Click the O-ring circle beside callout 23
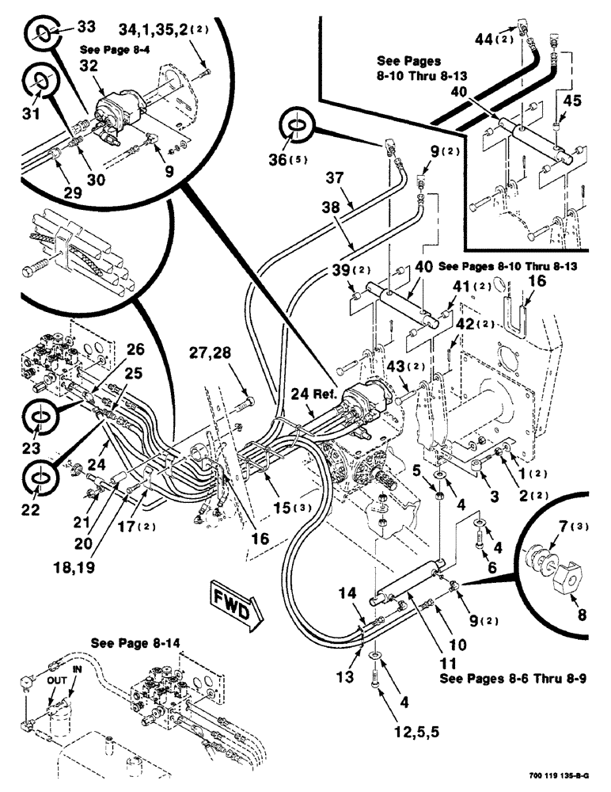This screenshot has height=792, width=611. click(x=38, y=416)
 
